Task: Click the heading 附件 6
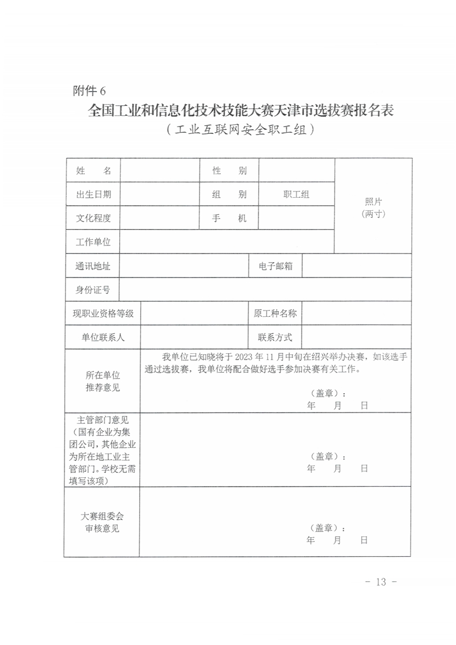[x=89, y=90]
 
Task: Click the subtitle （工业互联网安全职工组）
[x=241, y=129]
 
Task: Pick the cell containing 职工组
[x=296, y=194]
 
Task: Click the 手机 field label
[x=229, y=218]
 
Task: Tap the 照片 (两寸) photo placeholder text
[x=373, y=208]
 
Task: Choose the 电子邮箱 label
[x=275, y=266]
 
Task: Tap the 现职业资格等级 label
[x=103, y=313]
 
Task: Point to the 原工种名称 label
[x=275, y=313]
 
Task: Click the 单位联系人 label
[x=103, y=337]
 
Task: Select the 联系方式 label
[x=275, y=337]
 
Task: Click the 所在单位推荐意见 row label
[x=103, y=382]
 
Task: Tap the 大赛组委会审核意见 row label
[x=103, y=522]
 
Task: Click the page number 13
[x=381, y=582]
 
